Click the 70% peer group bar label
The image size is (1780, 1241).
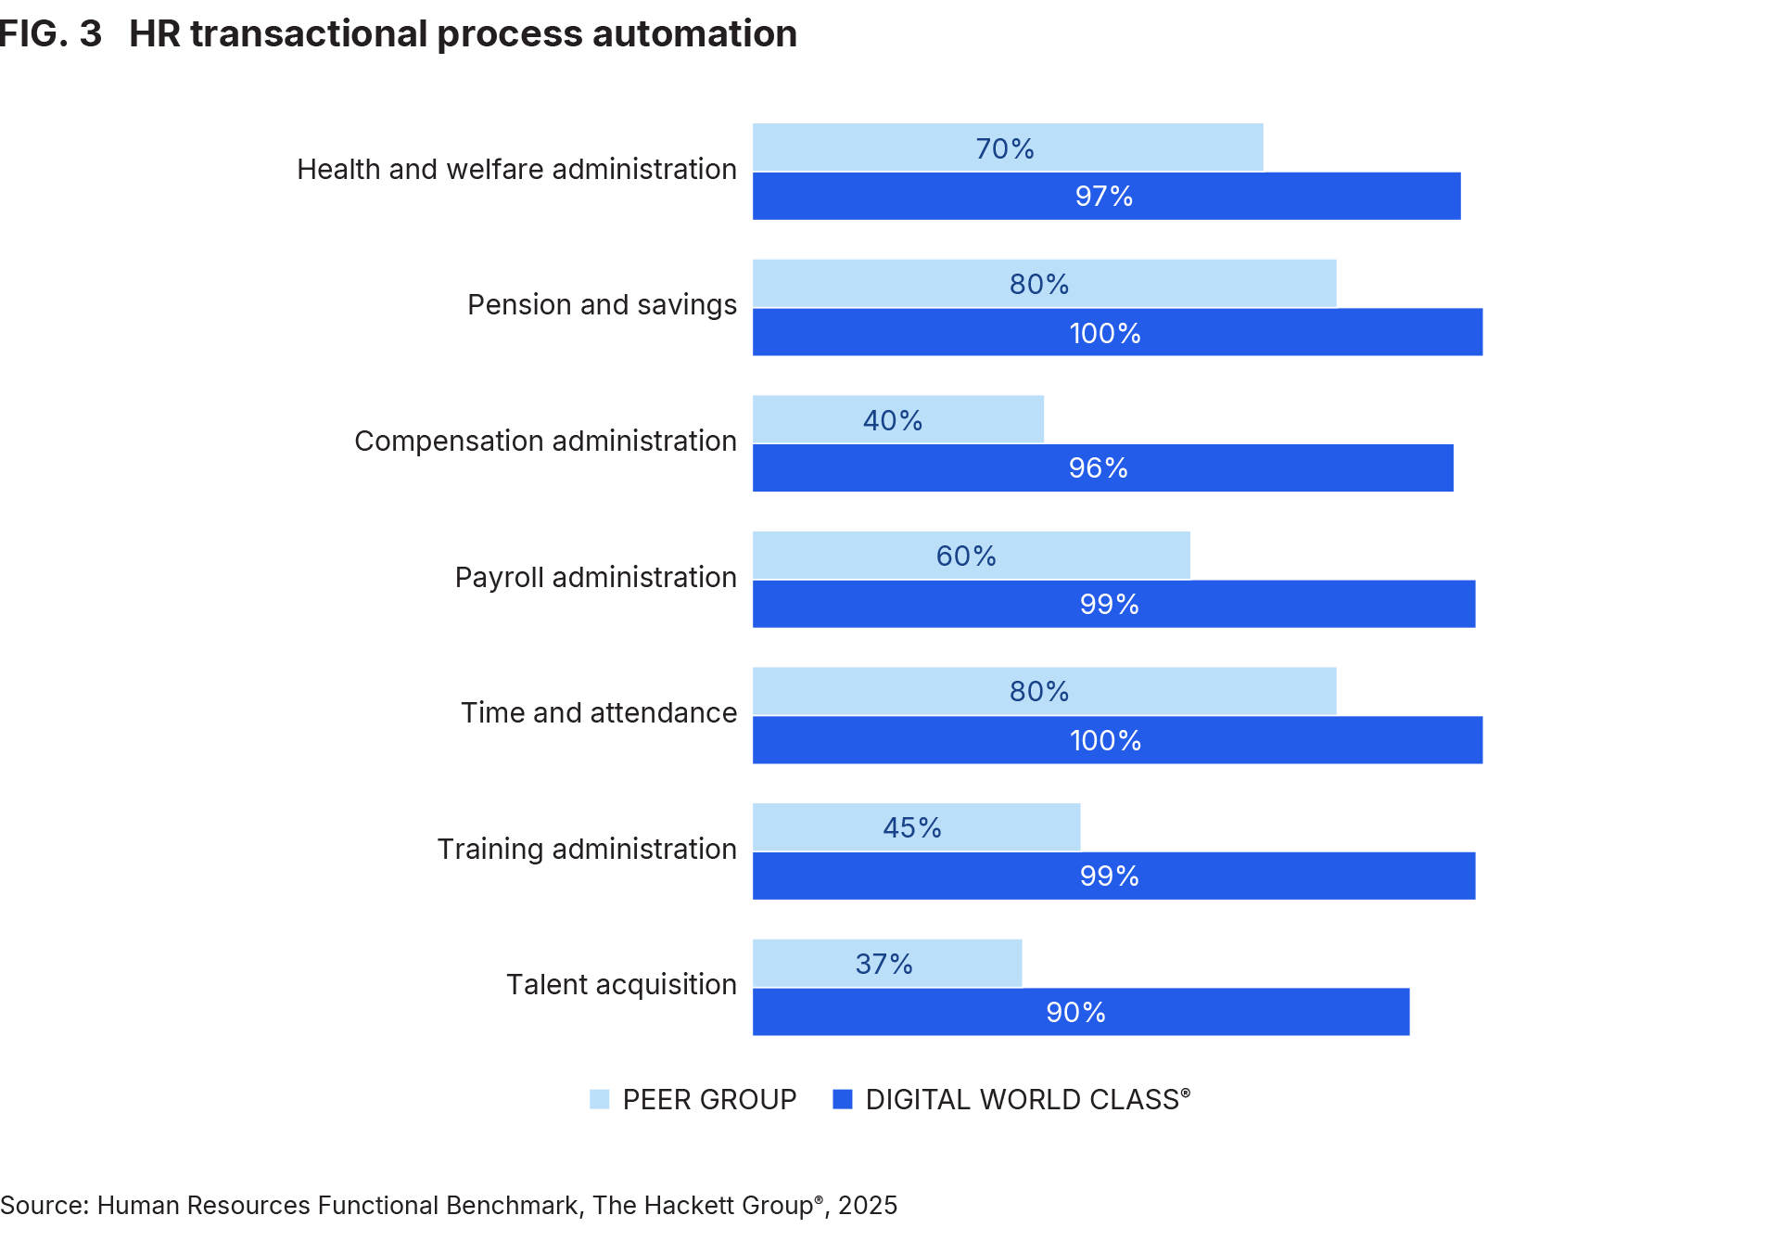tap(1004, 148)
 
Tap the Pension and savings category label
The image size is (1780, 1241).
tap(602, 305)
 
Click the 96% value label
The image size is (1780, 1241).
tap(1098, 468)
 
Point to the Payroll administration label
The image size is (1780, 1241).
tap(595, 578)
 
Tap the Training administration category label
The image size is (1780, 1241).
tap(587, 850)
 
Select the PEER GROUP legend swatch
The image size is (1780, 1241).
tap(600, 1100)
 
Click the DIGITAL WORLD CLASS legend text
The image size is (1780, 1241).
tap(1026, 1100)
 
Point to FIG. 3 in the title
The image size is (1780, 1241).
tap(50, 34)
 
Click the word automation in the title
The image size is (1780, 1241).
tap(693, 34)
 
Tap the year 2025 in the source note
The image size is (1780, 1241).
tap(868, 1206)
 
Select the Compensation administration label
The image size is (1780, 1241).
tap(545, 441)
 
